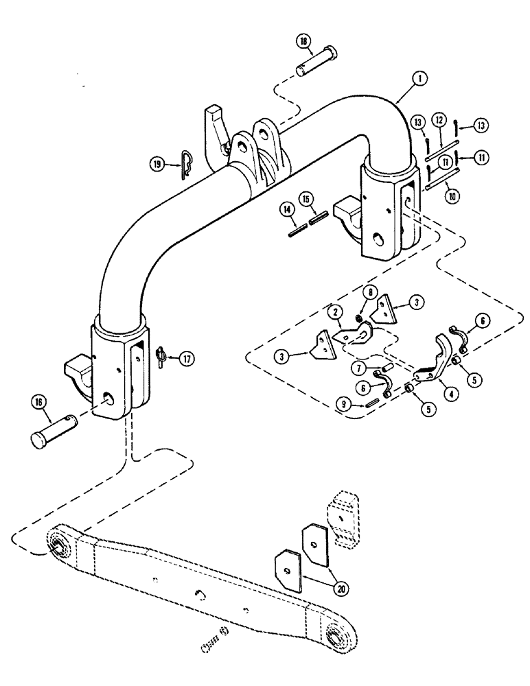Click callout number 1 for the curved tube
[x=418, y=80]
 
